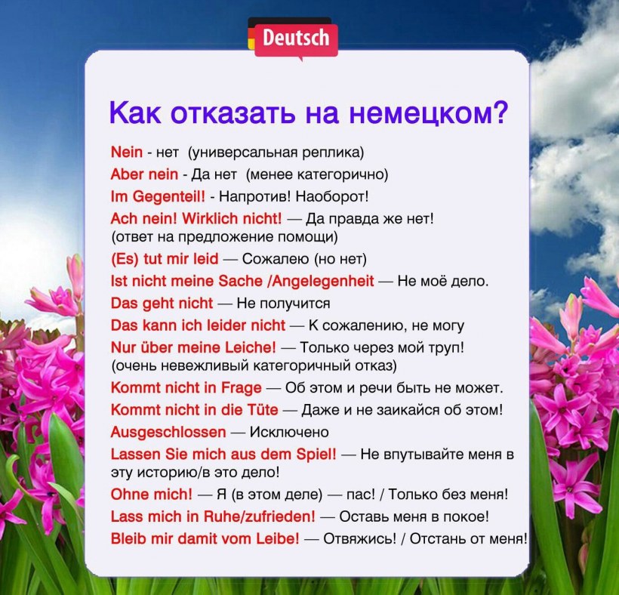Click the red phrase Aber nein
pos(144,174)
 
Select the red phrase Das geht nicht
pos(162,304)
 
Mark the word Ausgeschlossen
pos(168,433)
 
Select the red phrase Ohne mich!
pos(151,495)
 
